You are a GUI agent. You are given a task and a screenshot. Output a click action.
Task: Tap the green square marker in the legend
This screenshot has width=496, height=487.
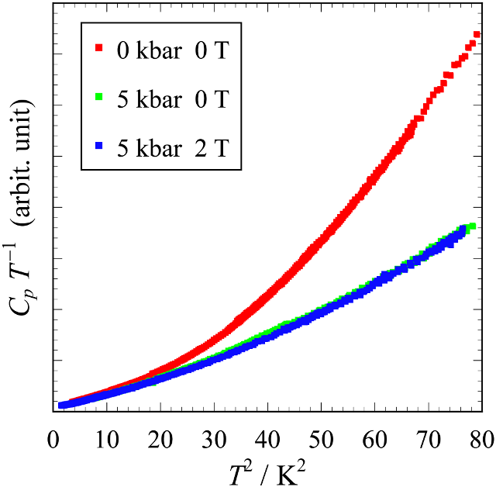98,98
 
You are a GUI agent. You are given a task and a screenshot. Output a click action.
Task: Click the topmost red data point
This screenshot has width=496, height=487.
477,35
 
